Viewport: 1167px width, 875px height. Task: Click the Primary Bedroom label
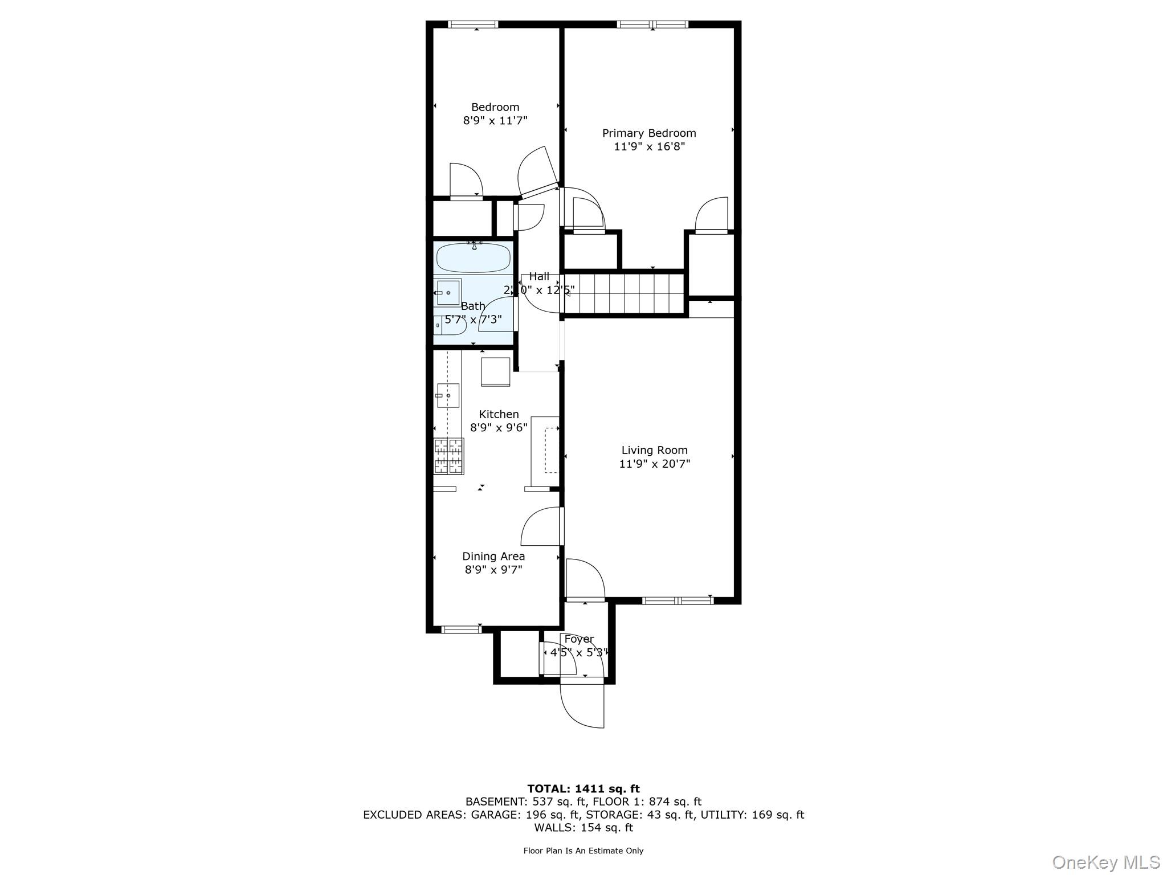click(x=649, y=133)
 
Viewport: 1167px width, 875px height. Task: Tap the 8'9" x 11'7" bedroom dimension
click(x=495, y=121)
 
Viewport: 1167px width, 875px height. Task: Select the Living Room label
click(x=654, y=450)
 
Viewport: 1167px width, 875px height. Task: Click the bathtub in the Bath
click(x=473, y=258)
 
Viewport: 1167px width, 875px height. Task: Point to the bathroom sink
click(x=448, y=292)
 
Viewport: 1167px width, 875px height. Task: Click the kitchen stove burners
click(x=449, y=456)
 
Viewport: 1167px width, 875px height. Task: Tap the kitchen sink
click(x=448, y=395)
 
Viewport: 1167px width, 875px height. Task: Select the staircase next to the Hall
click(x=624, y=293)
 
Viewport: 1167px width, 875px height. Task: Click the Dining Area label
click(x=493, y=556)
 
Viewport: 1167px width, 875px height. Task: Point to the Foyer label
click(x=579, y=639)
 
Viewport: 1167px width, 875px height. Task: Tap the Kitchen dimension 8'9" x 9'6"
click(x=499, y=428)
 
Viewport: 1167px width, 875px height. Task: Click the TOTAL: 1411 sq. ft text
click(x=583, y=789)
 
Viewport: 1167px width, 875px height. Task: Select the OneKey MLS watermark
click(x=1105, y=862)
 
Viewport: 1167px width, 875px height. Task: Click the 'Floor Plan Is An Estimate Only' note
click(x=583, y=851)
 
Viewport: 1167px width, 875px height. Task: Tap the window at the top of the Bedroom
click(x=473, y=24)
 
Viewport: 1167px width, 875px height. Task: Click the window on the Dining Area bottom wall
click(x=462, y=629)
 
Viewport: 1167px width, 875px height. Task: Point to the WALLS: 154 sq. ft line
click(x=583, y=828)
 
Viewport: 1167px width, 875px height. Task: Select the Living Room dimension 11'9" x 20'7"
click(x=654, y=464)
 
